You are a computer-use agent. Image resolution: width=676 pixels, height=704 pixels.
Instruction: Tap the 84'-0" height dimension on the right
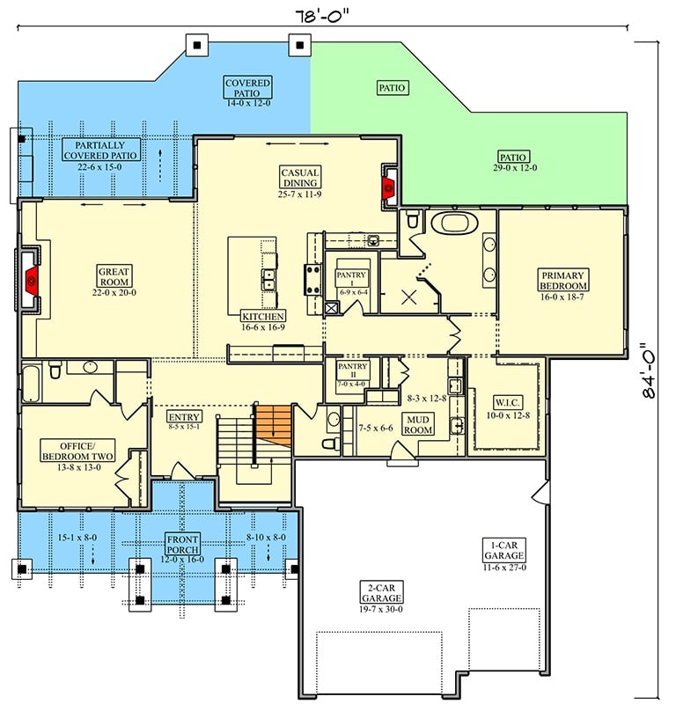point(651,371)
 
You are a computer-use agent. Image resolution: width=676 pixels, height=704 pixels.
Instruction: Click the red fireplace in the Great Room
point(31,281)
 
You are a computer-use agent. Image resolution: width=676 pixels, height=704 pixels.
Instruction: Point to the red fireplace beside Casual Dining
point(388,186)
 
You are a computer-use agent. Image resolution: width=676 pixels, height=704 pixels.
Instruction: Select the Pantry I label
point(350,280)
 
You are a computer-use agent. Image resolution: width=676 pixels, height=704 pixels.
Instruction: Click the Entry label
point(185,421)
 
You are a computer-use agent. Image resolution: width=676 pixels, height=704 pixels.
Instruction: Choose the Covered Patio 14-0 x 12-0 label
point(247,90)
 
